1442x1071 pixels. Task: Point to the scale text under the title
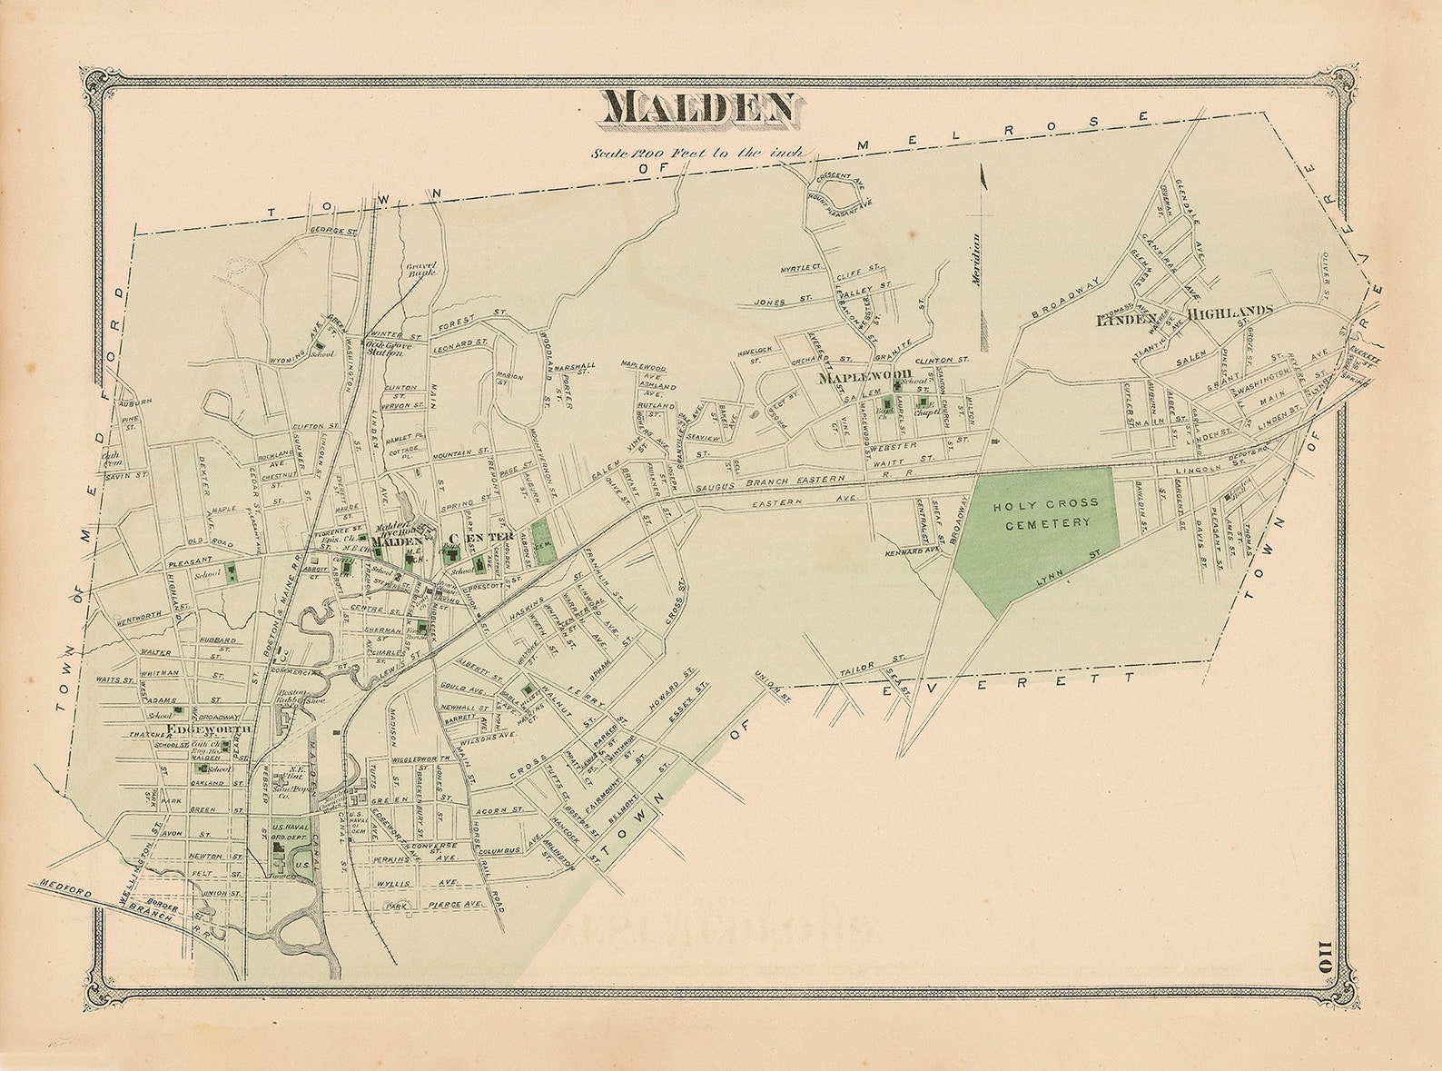[696, 153]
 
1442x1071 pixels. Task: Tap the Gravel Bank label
[421, 268]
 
